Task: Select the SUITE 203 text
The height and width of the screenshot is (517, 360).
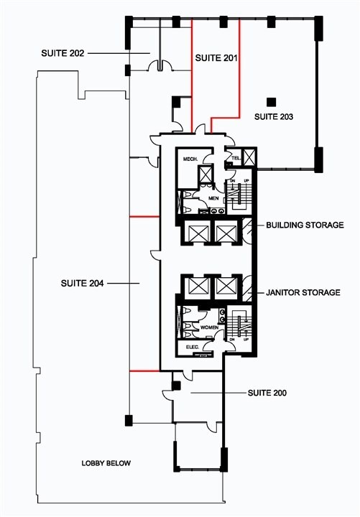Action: (274, 116)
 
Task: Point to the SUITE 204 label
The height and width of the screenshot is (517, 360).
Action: (83, 284)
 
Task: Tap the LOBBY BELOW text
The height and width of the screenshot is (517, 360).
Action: (106, 463)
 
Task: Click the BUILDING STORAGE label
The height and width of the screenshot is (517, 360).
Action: (305, 225)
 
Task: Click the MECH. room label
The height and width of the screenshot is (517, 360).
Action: (190, 159)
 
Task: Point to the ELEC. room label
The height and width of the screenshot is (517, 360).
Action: (192, 347)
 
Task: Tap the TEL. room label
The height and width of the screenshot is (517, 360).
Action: (234, 158)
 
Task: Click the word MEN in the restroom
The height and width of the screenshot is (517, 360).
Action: (213, 197)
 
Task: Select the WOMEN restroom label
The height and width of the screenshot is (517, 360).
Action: (209, 327)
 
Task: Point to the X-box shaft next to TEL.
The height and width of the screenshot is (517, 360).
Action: (249, 157)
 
